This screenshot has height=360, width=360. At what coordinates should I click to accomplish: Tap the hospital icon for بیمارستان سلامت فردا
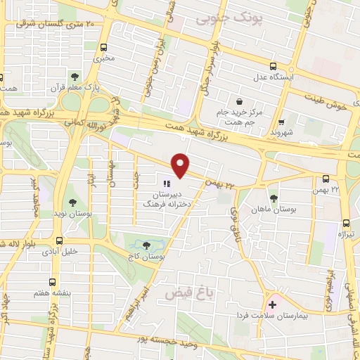click(272, 305)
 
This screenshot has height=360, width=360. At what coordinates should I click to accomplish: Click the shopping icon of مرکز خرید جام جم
click(240, 101)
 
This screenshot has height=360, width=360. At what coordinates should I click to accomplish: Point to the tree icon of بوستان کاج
click(146, 246)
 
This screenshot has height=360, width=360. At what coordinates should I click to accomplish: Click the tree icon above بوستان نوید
click(73, 203)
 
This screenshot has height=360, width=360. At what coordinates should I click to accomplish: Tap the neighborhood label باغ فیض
click(182, 289)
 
